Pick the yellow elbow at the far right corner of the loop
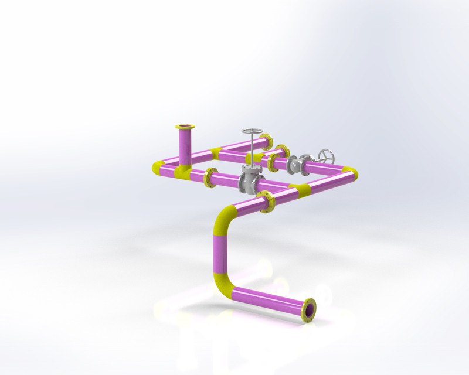[x=350, y=173]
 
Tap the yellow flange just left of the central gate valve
[x=209, y=178]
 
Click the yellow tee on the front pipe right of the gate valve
[x=303, y=189]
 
